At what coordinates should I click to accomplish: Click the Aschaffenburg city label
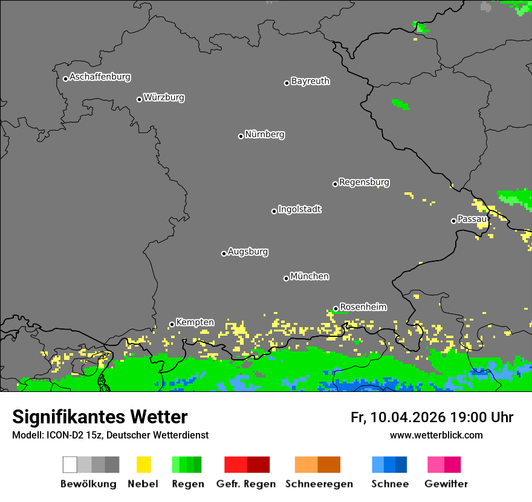(100, 77)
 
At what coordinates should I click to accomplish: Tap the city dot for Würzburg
(139, 99)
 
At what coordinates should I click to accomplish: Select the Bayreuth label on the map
(310, 81)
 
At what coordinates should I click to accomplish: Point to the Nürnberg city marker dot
(241, 136)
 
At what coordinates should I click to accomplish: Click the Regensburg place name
(364, 182)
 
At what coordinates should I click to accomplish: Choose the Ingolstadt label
(299, 209)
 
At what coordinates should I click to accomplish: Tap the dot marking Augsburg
(224, 253)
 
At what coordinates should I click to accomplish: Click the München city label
(310, 276)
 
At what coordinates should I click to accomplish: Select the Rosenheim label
(363, 307)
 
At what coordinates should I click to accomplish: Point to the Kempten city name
(195, 322)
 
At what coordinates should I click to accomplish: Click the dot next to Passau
(453, 221)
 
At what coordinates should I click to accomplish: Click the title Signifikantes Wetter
(100, 417)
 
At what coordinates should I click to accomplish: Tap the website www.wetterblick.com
(436, 435)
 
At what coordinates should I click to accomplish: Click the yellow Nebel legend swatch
(143, 465)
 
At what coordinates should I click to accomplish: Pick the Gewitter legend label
(446, 484)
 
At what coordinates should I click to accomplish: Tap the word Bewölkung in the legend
(88, 484)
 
